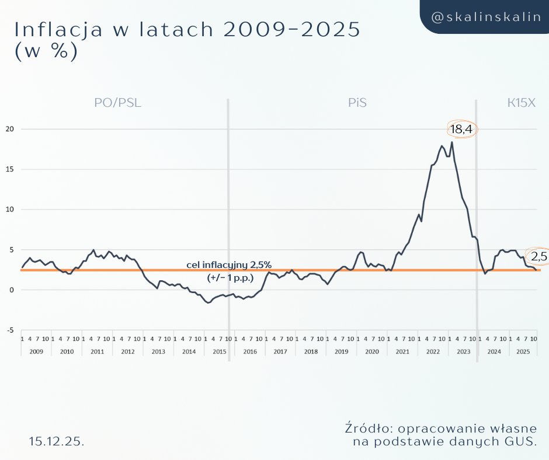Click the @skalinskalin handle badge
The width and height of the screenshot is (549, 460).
click(x=485, y=17)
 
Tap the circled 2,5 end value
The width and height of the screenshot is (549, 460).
click(x=538, y=256)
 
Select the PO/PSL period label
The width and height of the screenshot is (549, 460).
click(x=118, y=103)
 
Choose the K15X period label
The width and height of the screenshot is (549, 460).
click(x=521, y=103)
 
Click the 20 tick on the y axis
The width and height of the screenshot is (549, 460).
click(x=9, y=128)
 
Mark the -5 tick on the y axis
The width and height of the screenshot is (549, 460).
click(x=10, y=330)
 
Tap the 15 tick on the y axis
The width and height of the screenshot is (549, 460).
click(x=9, y=169)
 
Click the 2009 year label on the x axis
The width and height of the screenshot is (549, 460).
click(x=36, y=352)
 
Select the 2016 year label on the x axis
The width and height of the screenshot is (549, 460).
click(x=250, y=352)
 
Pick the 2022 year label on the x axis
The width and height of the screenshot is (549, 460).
click(x=433, y=352)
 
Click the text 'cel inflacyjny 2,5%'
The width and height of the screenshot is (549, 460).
click(x=229, y=265)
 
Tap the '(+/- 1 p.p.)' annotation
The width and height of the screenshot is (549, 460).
click(x=231, y=278)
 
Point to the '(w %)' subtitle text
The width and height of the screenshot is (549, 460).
click(x=45, y=51)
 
